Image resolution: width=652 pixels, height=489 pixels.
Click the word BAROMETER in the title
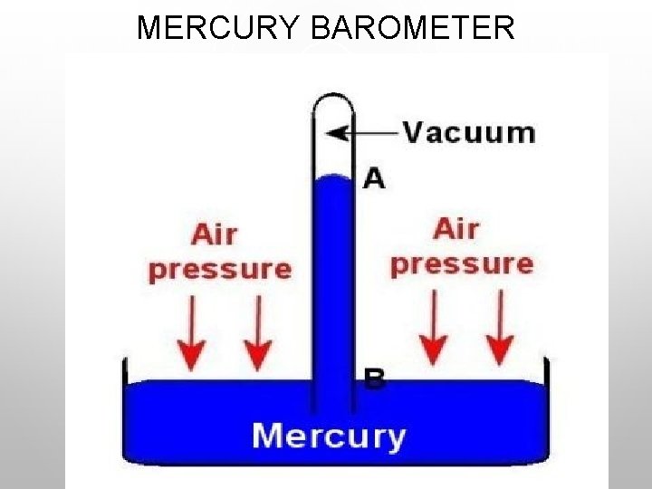point(412,28)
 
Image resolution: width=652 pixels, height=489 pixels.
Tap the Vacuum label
point(469,132)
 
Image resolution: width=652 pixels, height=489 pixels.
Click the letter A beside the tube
point(373,177)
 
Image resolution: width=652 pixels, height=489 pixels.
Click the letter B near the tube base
point(374,378)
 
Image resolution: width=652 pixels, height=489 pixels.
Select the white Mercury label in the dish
point(329,436)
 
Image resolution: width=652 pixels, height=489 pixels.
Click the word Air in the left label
point(214,235)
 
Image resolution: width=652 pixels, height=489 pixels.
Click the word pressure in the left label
point(220,270)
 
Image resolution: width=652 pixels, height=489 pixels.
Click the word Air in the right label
point(455,229)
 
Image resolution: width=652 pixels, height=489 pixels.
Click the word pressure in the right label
point(462,264)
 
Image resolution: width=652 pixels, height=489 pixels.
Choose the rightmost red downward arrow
point(499,328)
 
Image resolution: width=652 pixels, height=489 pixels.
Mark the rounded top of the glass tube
point(332,95)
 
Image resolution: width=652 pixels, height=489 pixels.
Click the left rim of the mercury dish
point(125,371)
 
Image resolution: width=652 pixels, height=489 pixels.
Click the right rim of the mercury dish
point(546,371)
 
